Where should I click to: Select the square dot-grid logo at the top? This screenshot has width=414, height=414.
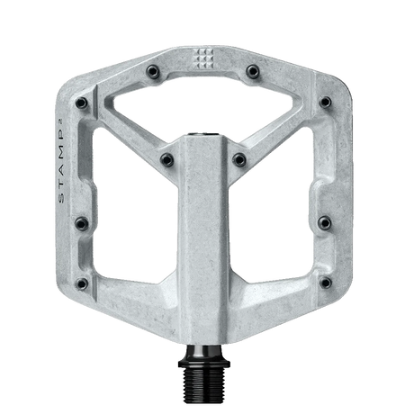[x=203, y=59]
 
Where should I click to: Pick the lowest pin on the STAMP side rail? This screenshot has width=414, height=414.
[x=82, y=284]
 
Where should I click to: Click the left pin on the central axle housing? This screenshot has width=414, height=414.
[x=166, y=159]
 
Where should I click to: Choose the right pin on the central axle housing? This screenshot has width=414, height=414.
[x=239, y=159]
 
